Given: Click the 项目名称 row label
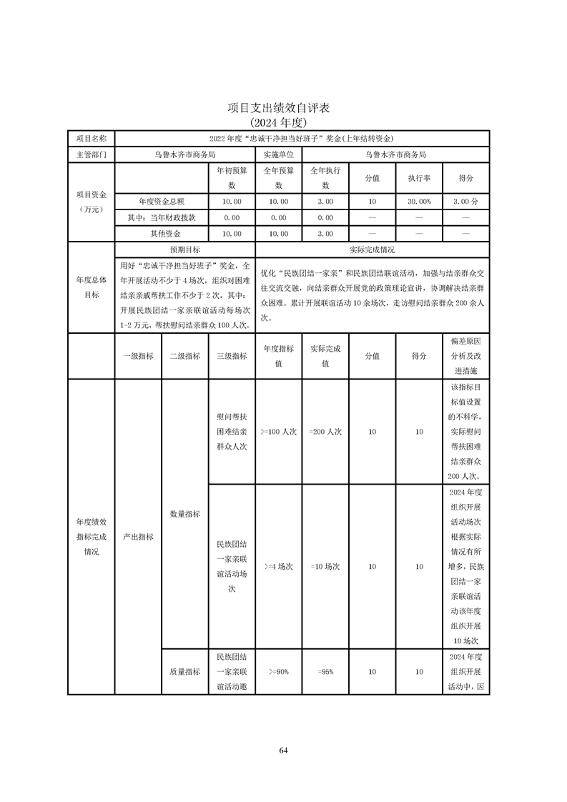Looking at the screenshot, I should pos(91,138).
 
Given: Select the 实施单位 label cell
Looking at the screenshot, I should pos(278,154).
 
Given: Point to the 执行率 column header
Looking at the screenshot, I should pos(419,178).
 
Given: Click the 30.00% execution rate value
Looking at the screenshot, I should pos(419,202).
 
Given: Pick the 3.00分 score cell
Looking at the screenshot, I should pos(465,202).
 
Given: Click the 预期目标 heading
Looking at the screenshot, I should pos(184,250).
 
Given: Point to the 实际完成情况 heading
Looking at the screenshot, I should pos(372,250).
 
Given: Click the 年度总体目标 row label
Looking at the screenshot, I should pos(91,287).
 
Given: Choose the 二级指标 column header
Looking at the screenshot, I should pos(184,356).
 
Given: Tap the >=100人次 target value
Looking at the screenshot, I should pos(278,432).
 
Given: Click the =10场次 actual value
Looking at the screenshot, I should pos(325,566).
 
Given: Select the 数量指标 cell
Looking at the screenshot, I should pos(184,513).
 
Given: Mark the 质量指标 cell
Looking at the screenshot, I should pos(184,671).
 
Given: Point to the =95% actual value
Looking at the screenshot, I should pos(325,671).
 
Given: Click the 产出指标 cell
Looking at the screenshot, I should pos(138,536).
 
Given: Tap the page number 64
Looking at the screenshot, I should pos(283,750).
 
